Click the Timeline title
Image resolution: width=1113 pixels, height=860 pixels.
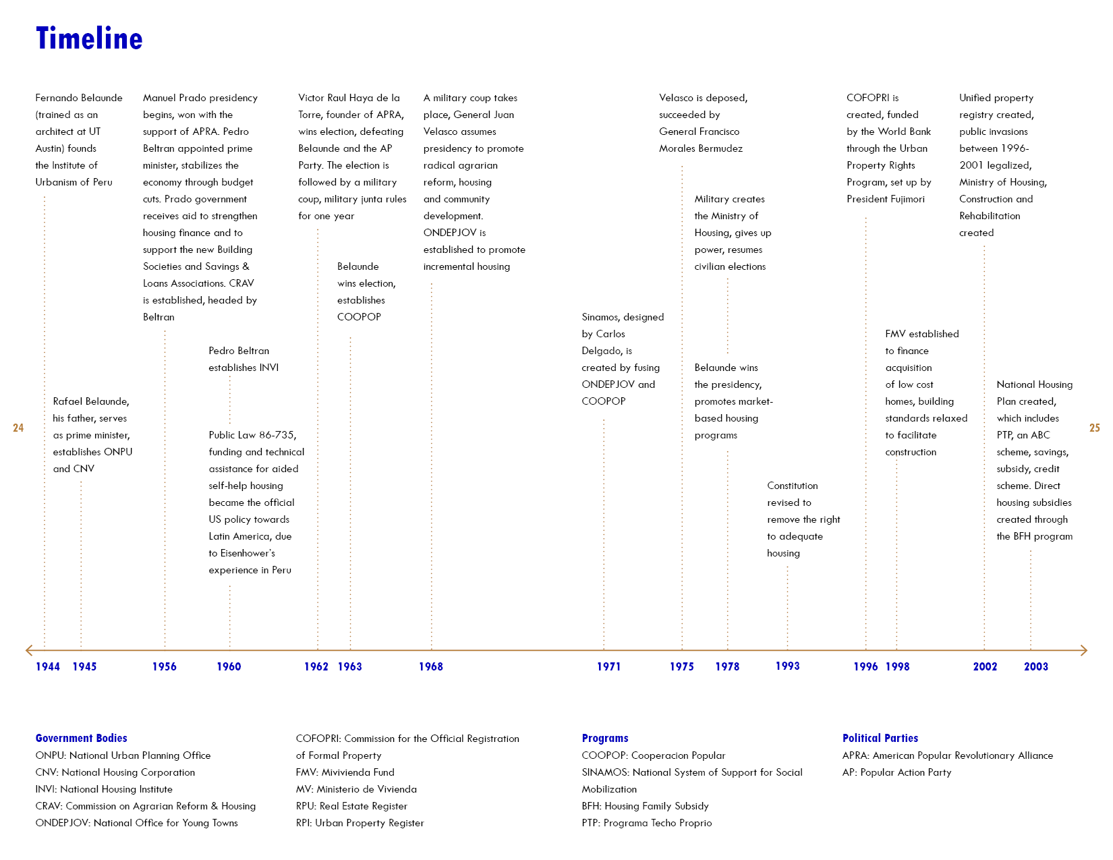89,39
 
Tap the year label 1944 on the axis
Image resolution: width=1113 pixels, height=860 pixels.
48,666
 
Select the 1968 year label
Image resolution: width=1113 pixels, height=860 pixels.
430,666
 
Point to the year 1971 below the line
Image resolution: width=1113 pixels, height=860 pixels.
608,666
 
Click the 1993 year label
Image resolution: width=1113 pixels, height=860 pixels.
787,666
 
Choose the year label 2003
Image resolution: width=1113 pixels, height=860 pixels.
1035,666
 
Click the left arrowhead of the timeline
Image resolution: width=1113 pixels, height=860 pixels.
29,650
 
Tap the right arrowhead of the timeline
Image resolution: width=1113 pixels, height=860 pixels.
1083,650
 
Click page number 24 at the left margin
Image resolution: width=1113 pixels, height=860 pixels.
18,428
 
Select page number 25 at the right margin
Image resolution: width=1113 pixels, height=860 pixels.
1094,428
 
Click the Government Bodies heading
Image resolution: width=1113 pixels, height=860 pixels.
81,738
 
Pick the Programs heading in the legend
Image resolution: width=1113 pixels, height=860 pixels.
605,738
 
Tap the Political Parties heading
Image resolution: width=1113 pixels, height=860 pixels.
880,738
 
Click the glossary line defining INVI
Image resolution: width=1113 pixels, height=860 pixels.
104,789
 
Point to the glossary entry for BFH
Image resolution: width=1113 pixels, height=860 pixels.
645,806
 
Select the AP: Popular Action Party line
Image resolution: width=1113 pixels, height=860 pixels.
896,772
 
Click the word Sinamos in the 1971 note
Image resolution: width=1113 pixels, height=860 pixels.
600,317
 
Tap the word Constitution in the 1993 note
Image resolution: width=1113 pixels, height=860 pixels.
792,486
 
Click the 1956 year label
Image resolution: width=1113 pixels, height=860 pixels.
164,666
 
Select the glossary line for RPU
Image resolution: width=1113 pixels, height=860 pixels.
351,806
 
